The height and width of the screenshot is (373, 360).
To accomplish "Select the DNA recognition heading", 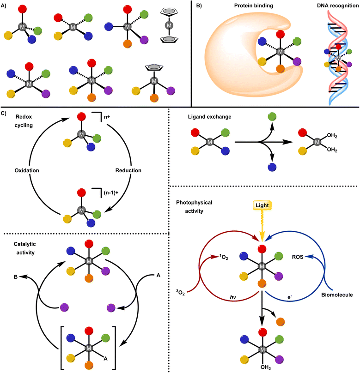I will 337,7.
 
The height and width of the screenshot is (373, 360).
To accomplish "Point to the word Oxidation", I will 27,170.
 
